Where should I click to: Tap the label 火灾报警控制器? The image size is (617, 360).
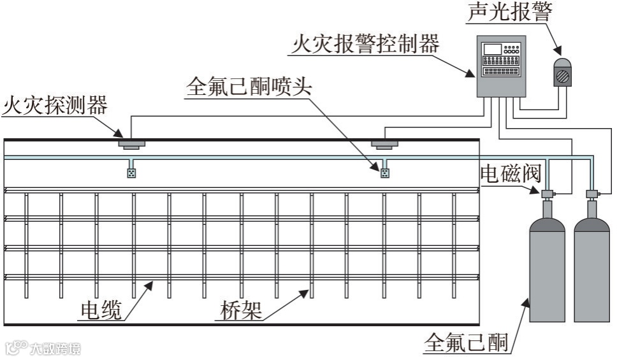(x=366, y=45)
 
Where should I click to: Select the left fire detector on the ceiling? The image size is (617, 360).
(x=131, y=143)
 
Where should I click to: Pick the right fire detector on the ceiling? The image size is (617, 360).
(x=384, y=143)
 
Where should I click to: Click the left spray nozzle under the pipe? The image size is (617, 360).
(x=131, y=172)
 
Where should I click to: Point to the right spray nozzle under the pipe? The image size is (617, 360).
(x=384, y=172)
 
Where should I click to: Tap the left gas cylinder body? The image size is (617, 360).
(x=547, y=274)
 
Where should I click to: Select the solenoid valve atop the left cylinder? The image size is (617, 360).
(x=547, y=192)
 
